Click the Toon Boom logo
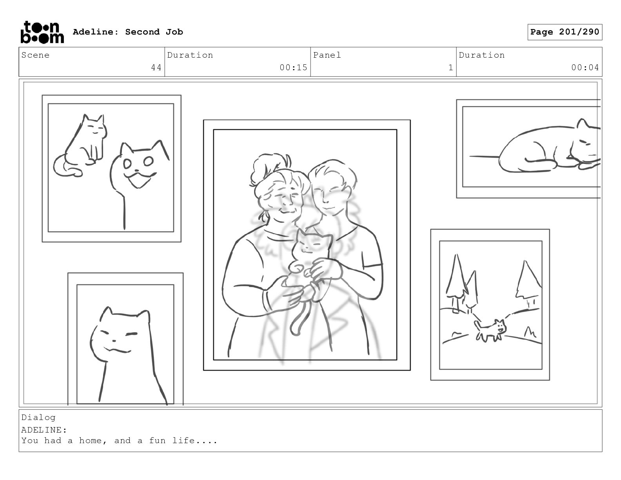point(42,32)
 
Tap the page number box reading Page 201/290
point(565,32)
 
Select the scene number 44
point(156,67)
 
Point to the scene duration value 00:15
point(293,67)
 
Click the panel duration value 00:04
point(585,67)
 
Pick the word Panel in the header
point(327,55)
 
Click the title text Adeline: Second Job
point(128,32)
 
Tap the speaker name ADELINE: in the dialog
point(44,430)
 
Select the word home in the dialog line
point(91,440)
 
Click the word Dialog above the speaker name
point(38,417)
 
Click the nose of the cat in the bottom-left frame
point(114,341)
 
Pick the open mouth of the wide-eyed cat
point(140,180)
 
